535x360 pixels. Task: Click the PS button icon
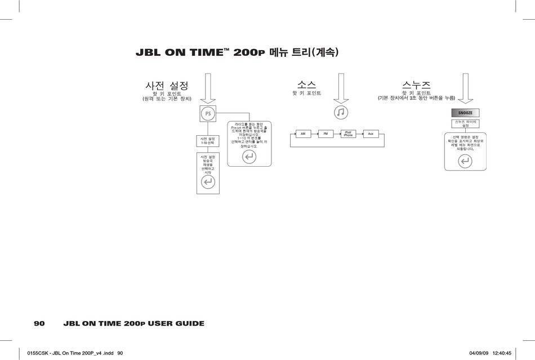208,114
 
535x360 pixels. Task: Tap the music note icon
341,112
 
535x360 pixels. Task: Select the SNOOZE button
465,113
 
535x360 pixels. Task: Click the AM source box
303,134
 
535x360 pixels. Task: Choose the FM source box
326,134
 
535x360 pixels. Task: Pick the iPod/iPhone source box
348,134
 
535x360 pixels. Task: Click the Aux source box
371,134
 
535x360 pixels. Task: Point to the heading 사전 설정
167,86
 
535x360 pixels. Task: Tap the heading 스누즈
417,85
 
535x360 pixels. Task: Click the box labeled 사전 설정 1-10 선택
208,141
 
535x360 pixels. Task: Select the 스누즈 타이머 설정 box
465,124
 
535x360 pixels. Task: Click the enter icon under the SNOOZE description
465,162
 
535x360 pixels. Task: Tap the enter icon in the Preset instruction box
249,157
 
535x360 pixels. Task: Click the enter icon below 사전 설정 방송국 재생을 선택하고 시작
208,181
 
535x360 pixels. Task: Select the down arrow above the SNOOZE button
465,88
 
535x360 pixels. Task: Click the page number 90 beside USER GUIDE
39,323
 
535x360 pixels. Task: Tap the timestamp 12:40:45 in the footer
501,353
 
